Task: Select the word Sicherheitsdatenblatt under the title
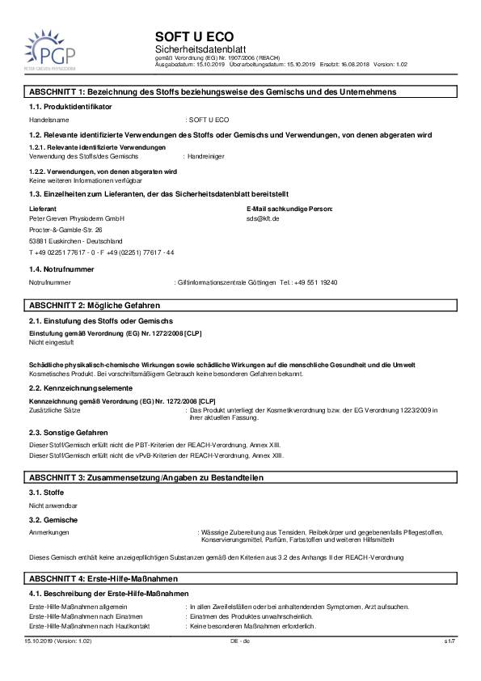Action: (193, 50)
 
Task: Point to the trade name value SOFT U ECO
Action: (209, 119)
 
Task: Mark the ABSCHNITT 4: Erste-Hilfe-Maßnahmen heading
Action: (103, 580)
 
